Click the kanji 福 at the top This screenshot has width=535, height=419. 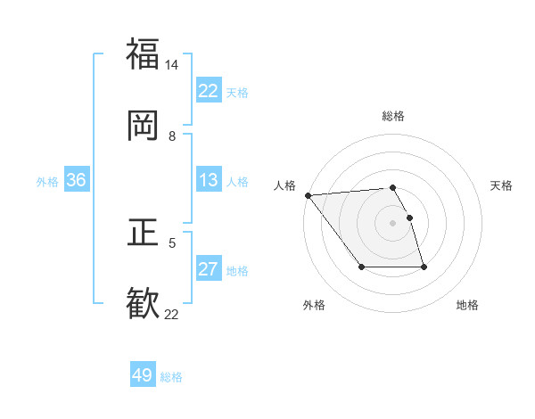pos(143,53)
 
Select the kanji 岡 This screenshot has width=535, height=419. pos(143,126)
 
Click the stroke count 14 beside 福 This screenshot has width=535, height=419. pos(172,65)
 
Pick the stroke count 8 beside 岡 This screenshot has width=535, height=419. pos(172,136)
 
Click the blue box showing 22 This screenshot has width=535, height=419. pos(208,91)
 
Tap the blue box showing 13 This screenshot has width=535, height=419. pos(208,181)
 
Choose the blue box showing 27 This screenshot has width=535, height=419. pos(208,269)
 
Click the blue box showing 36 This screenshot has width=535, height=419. pos(77,181)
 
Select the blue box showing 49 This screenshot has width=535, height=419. pos(143,375)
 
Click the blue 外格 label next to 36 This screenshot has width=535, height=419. pos(47,182)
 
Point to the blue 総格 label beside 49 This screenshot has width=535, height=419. pos(171,377)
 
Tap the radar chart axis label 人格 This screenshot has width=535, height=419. pos(285,185)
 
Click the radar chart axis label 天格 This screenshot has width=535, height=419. pos(501,185)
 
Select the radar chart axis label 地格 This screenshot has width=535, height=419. pos(467,305)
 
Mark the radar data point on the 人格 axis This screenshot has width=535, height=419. pos(308,195)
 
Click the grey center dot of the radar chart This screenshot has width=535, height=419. pos(392,222)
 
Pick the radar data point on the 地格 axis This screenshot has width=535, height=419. pos(424,267)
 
